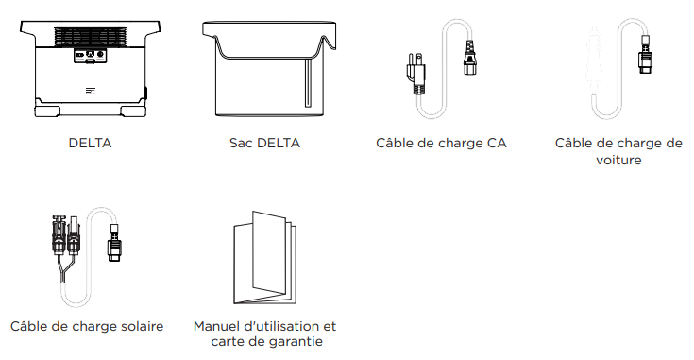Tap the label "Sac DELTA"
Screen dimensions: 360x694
(x=264, y=144)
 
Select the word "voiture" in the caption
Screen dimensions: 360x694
(x=618, y=160)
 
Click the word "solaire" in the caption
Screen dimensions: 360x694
(x=138, y=326)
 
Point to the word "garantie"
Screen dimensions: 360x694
(x=296, y=341)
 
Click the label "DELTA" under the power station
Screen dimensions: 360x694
(x=90, y=144)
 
